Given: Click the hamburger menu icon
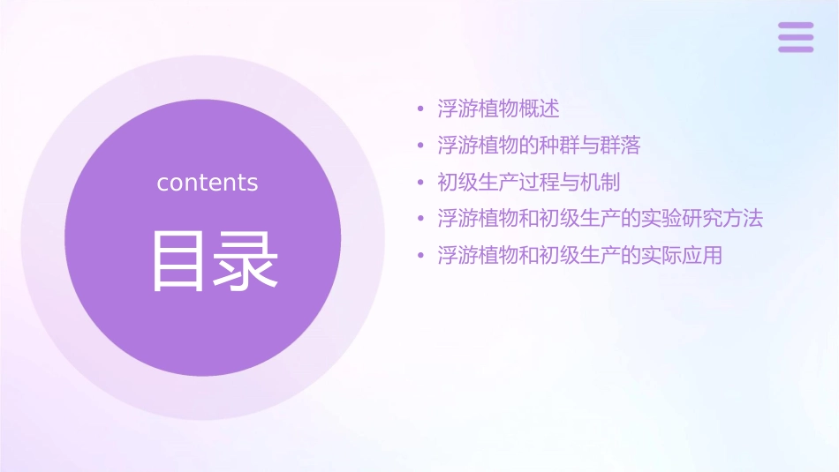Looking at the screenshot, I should [796, 37].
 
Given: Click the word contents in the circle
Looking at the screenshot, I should [208, 183].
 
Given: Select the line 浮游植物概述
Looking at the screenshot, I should [498, 109].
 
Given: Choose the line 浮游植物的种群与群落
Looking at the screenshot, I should [539, 146].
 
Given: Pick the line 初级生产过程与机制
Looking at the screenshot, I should [528, 183].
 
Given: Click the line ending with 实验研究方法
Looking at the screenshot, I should [600, 219].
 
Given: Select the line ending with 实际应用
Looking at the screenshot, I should [579, 256].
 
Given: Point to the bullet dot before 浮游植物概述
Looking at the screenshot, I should [421, 110].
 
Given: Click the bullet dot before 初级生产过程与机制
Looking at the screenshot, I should [421, 184].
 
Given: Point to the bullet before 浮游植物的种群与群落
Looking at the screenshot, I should [421, 146].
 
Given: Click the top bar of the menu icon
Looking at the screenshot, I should [796, 26].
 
